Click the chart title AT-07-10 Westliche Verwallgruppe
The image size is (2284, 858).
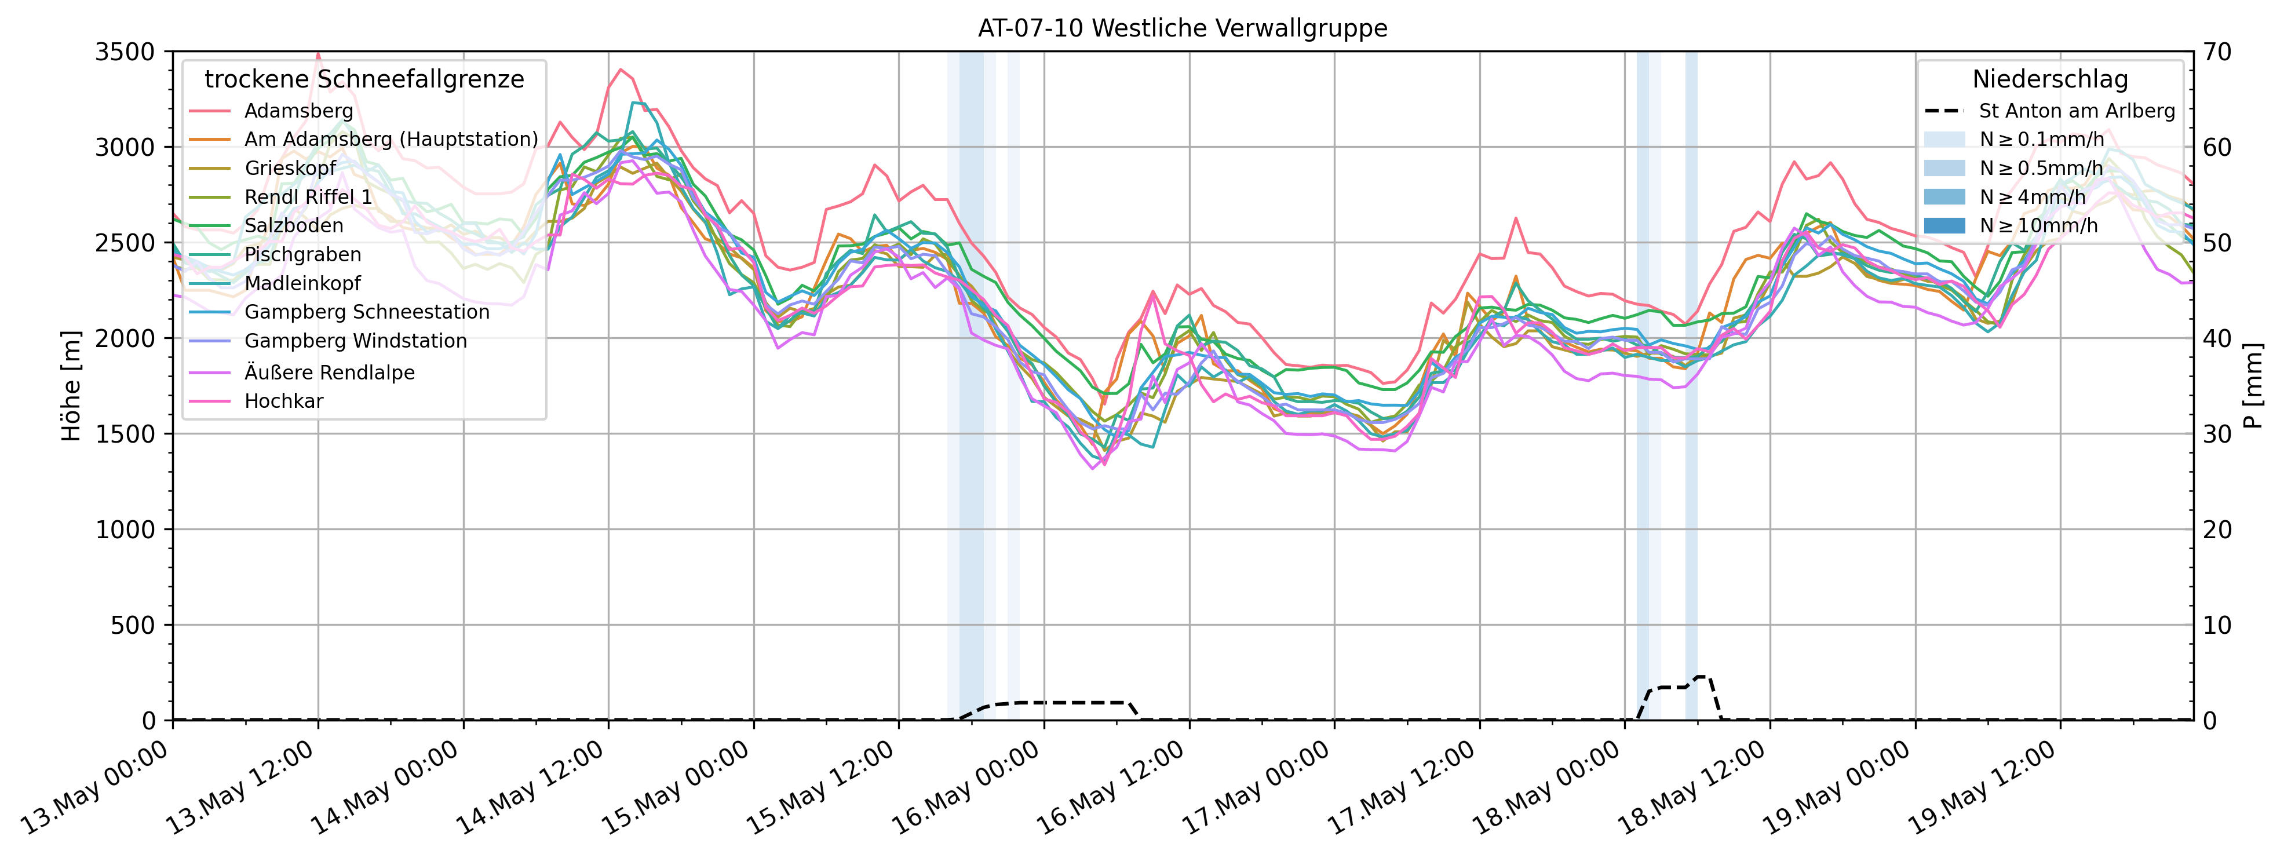point(1182,28)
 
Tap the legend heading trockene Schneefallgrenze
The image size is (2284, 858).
point(363,80)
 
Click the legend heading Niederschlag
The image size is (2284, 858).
point(2050,80)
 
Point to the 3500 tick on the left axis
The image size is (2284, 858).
point(125,52)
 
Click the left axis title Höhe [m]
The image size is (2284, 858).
point(71,386)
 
